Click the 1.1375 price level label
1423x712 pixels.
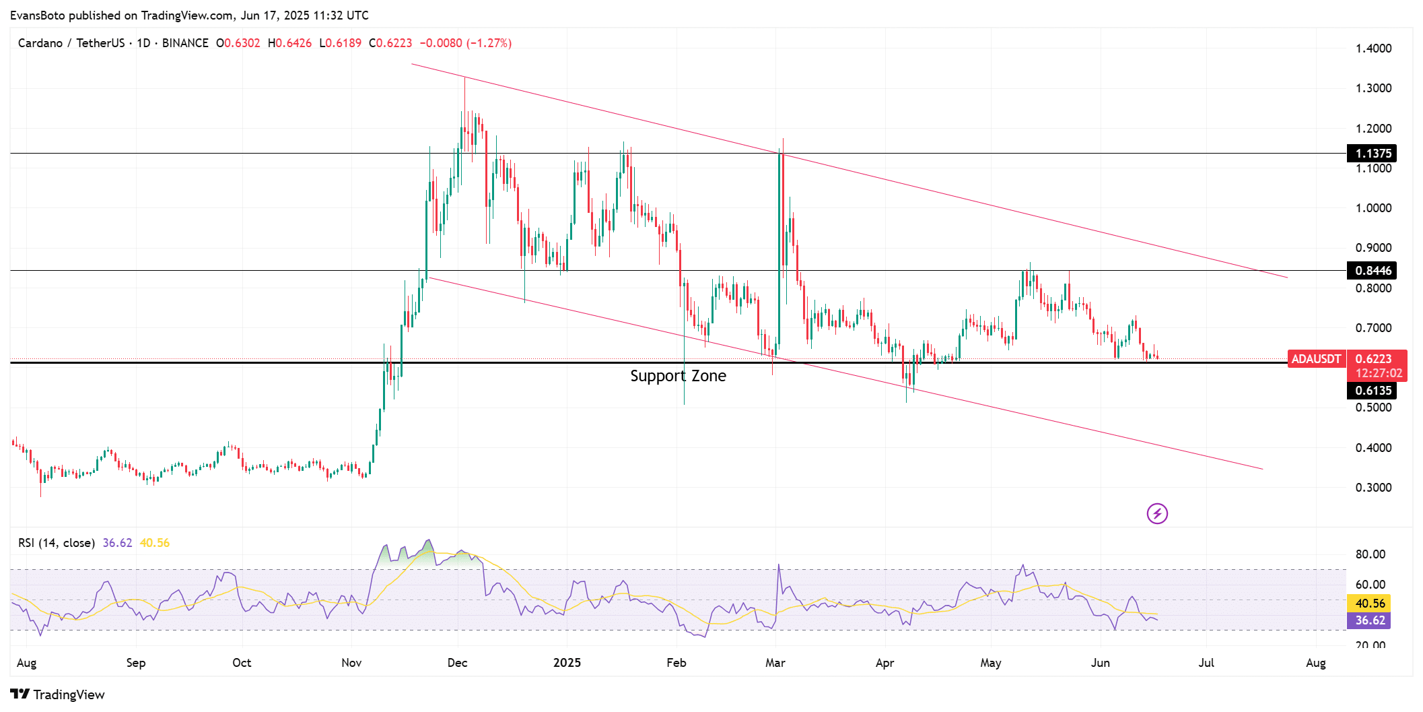1372,154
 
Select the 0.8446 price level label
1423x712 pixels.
1372,271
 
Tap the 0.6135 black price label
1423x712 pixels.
1372,391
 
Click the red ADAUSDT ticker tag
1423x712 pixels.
1315,359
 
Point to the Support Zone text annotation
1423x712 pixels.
678,376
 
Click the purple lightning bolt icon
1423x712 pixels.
1157,514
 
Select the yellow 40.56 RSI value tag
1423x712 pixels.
1369,604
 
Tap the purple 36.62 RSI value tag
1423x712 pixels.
1369,620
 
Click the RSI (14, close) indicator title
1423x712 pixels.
57,543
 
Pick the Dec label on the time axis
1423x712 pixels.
457,663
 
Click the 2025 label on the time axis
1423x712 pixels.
567,663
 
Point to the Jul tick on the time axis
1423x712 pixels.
1206,663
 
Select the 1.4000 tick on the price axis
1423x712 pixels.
1373,48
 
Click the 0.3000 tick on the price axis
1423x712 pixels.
1373,488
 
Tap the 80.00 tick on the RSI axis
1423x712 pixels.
1370,554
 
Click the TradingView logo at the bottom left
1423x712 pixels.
58,694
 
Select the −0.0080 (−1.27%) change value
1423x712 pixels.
466,43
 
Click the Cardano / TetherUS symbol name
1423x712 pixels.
71,43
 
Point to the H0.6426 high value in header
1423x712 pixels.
289,43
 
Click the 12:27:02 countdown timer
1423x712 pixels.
1379,373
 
